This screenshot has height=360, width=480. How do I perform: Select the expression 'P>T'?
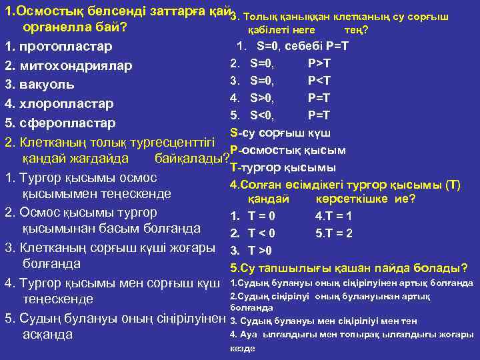pyautogui.click(x=320, y=63)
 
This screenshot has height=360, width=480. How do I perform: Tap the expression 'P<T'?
pyautogui.click(x=320, y=81)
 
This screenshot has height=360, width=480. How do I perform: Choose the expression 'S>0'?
pyautogui.click(x=262, y=98)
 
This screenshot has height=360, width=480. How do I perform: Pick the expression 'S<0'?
pyautogui.click(x=262, y=115)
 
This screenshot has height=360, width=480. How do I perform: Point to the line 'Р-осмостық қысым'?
pyautogui.click(x=287, y=149)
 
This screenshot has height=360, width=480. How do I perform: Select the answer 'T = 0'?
pyautogui.click(x=261, y=216)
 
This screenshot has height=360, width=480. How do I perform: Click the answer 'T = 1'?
pyautogui.click(x=338, y=216)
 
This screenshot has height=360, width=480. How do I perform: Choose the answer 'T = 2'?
pyautogui.click(x=338, y=233)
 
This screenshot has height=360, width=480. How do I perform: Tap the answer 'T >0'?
pyautogui.click(x=260, y=251)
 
